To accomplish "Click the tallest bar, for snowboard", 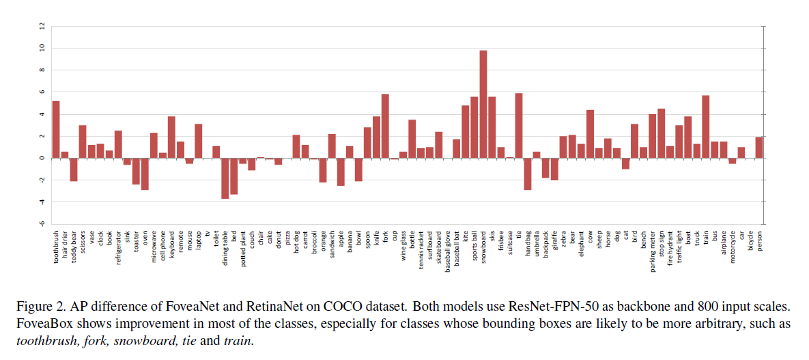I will point(483,104).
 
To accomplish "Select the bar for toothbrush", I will point(56,130).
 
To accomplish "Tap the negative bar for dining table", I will point(225,178).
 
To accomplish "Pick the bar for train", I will point(705,127).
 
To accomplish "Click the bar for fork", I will point(385,126).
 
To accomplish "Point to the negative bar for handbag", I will point(528,174).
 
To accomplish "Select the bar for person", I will point(758,148).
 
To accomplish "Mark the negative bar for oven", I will point(145,174).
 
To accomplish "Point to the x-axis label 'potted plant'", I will point(243,249).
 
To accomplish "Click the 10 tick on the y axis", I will point(42,48).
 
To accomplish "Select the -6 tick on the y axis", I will point(42,224).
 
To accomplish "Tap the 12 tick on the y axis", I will point(42,26).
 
